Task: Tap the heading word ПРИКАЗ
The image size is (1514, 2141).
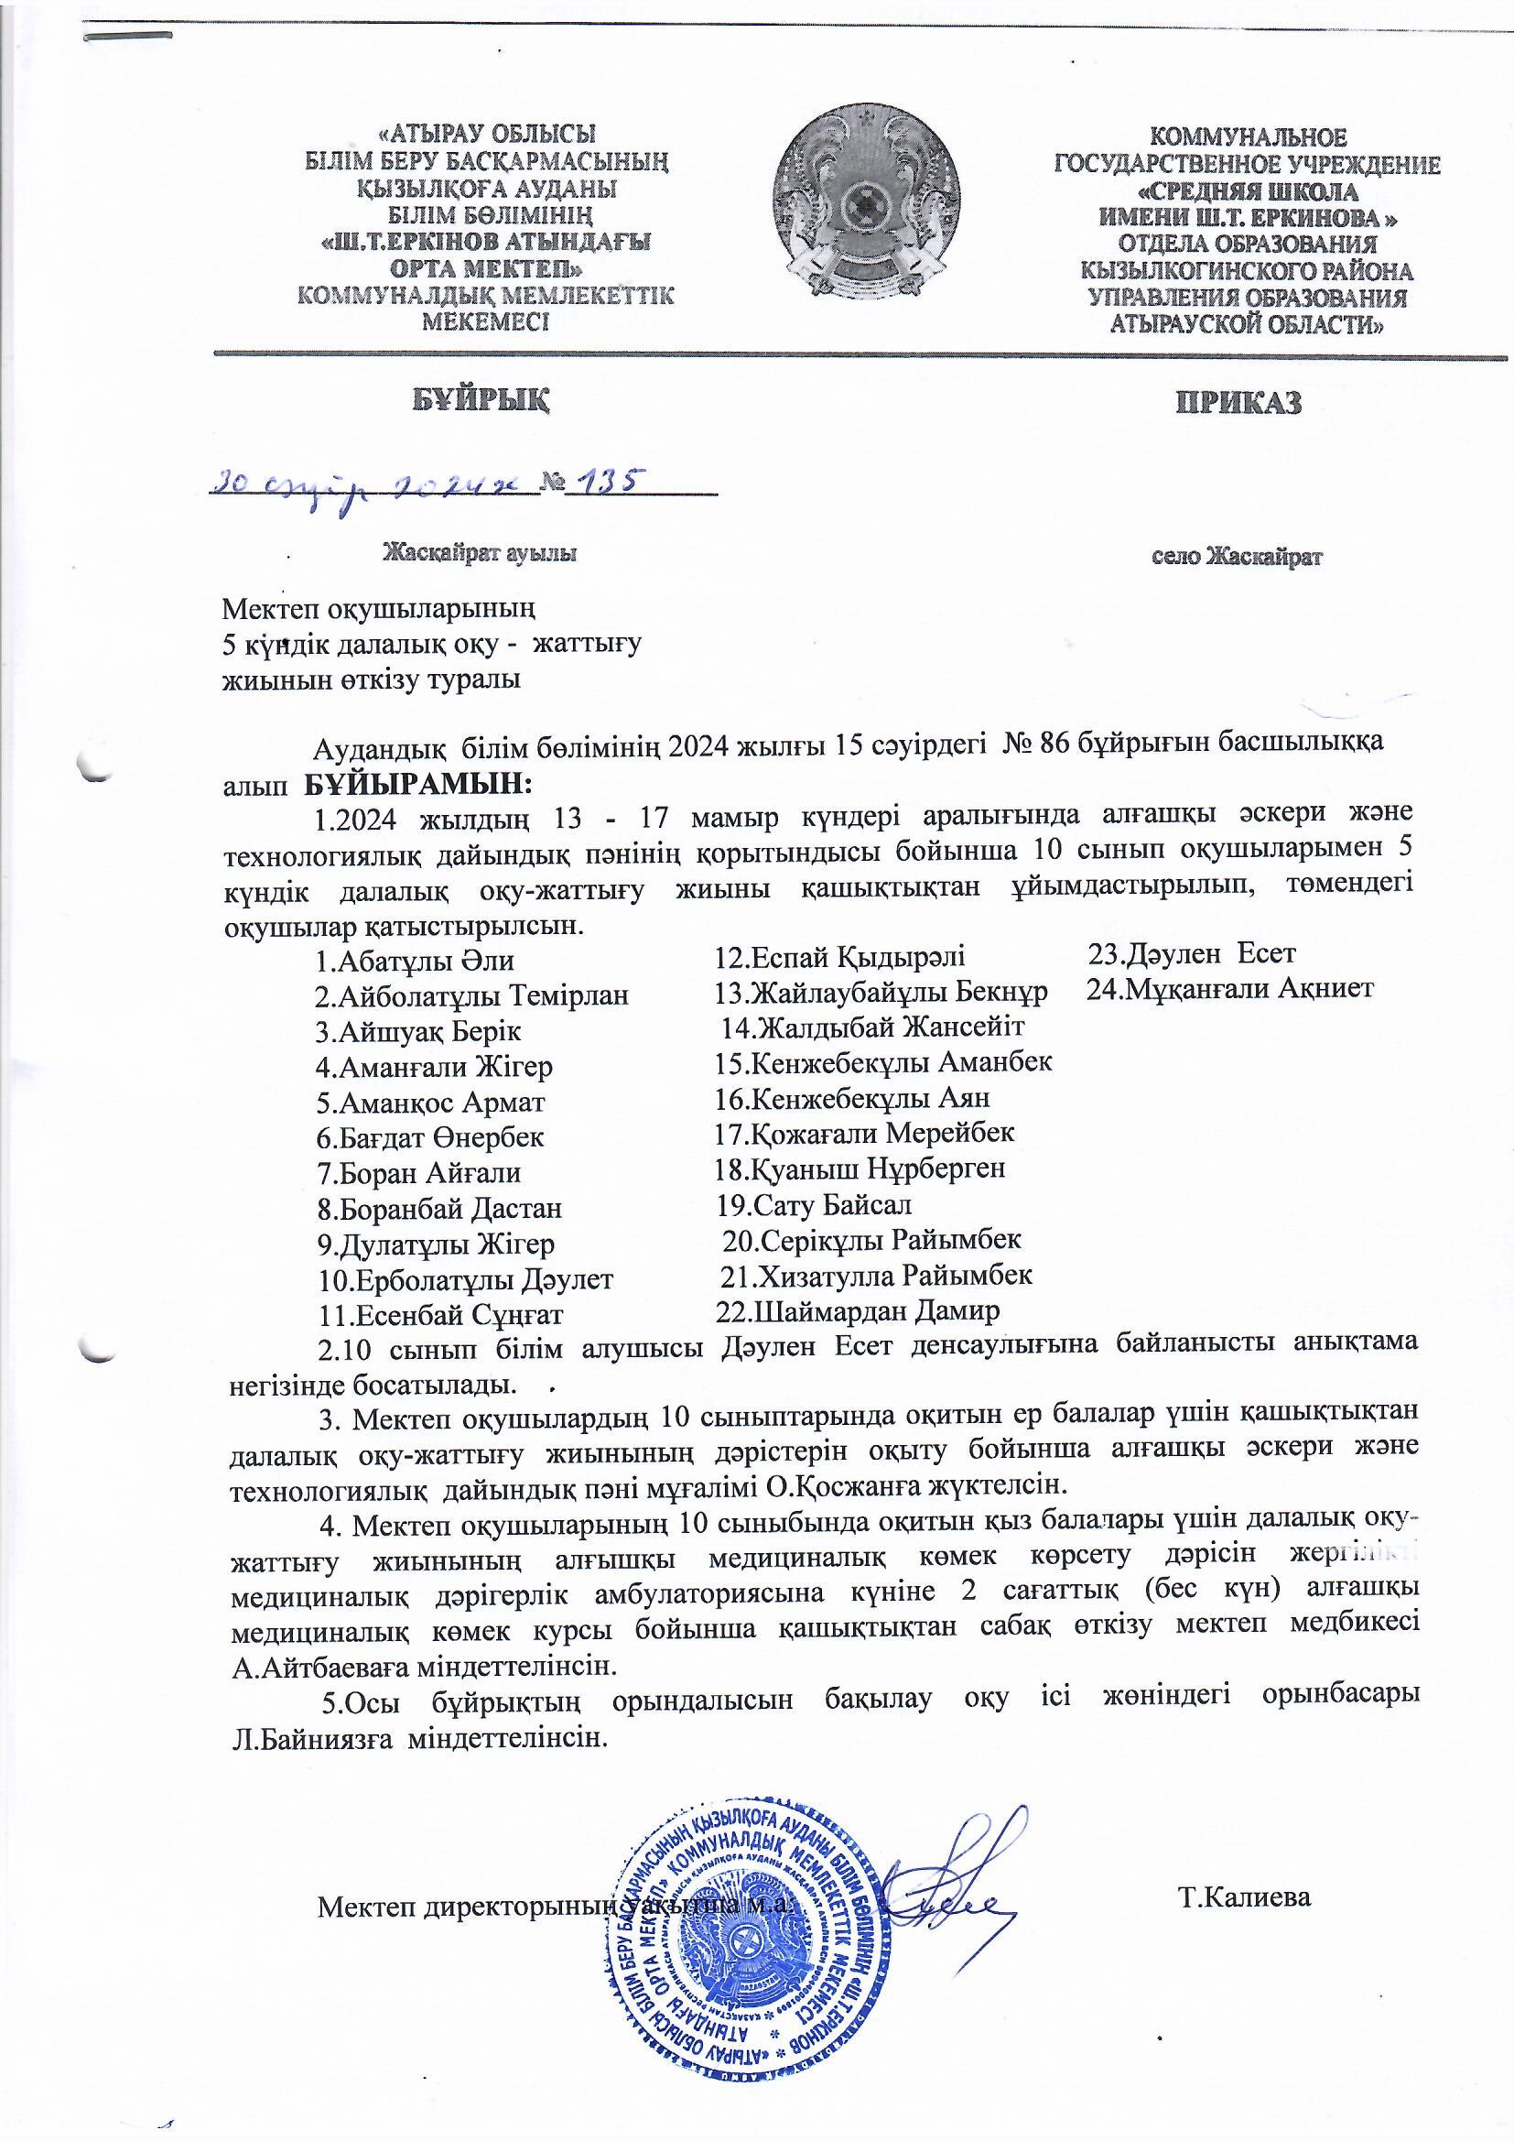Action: pyautogui.click(x=1238, y=402)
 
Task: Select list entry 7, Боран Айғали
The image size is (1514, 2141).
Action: pyautogui.click(x=418, y=1172)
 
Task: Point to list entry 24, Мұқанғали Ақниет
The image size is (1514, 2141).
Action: pyautogui.click(x=1229, y=988)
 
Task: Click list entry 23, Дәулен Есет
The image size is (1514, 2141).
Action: pyautogui.click(x=1193, y=954)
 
